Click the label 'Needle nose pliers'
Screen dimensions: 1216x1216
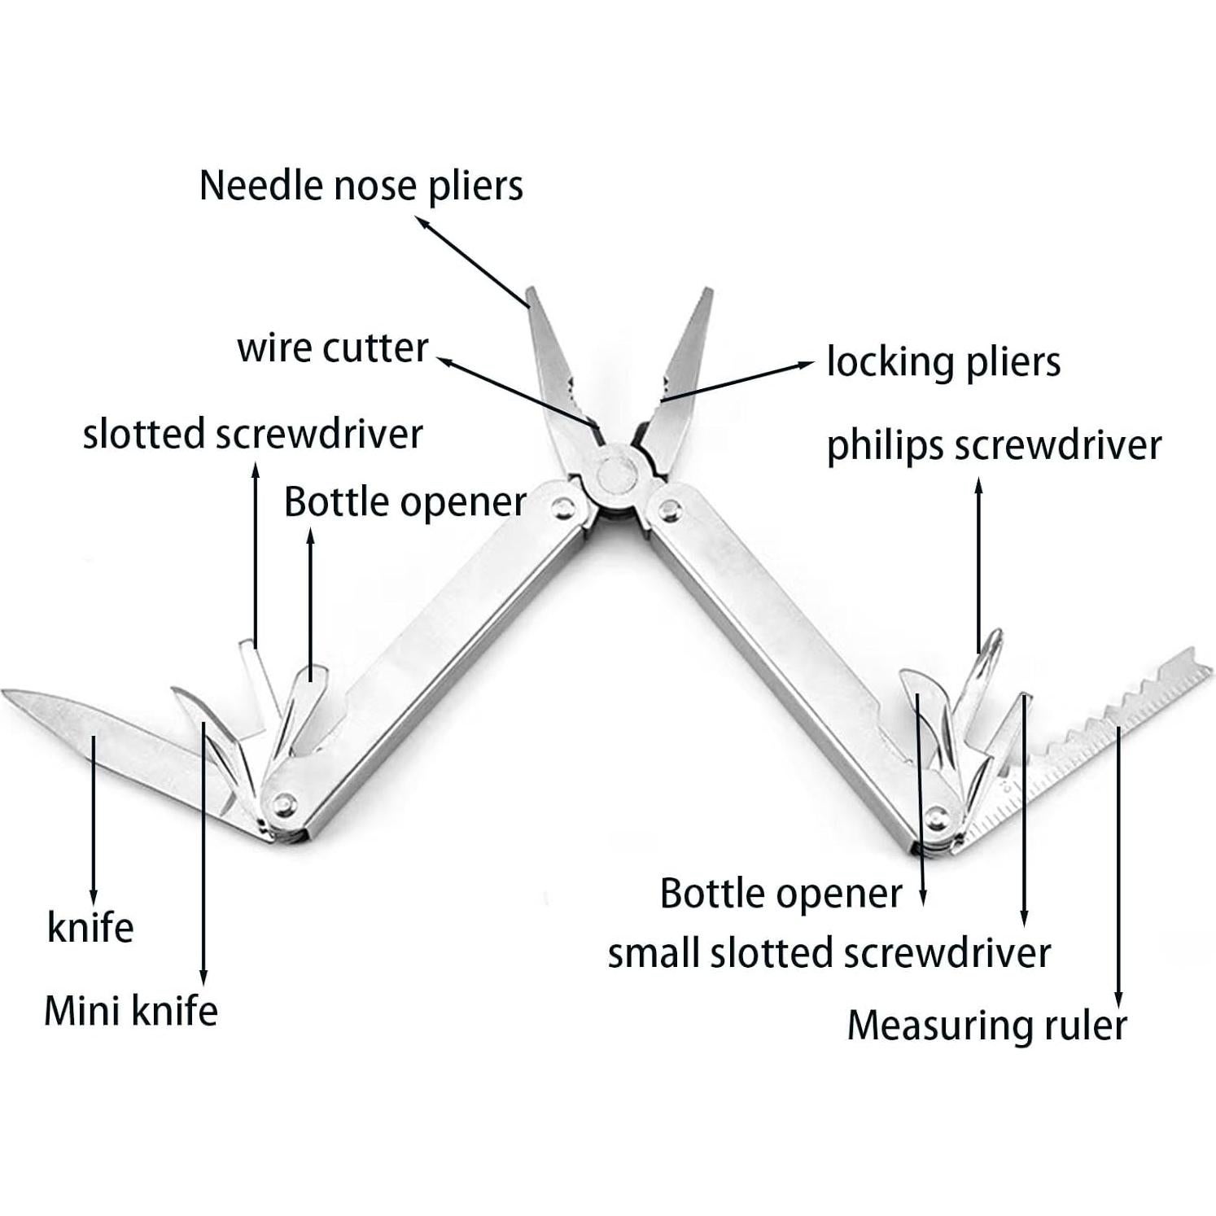tap(361, 186)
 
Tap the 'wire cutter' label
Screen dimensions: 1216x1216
tap(332, 348)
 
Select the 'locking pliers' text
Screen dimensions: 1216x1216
tap(943, 362)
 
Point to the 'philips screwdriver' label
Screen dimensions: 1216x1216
tap(994, 446)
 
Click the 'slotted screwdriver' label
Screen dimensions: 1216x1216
tap(252, 434)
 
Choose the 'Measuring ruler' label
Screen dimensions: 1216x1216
tap(986, 1025)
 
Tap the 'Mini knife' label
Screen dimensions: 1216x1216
tap(131, 1011)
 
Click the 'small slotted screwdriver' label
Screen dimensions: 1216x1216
tap(829, 953)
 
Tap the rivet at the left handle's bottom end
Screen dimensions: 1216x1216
tap(283, 804)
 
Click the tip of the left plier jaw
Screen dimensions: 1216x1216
tap(531, 291)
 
